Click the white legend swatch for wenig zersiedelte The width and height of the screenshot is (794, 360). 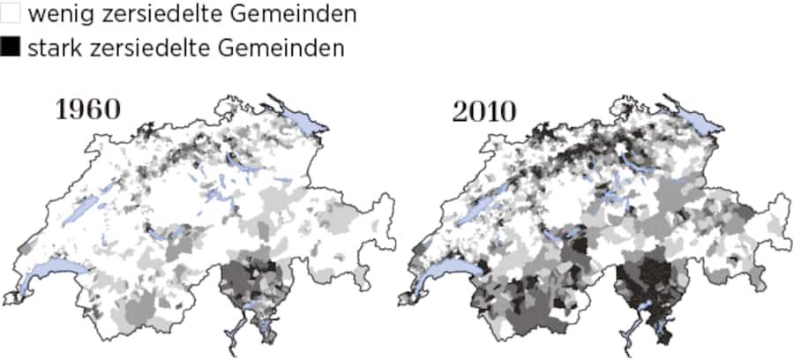[11, 14]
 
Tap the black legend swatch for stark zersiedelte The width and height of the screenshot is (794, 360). [11, 48]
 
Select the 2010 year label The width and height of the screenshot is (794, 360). [484, 112]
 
